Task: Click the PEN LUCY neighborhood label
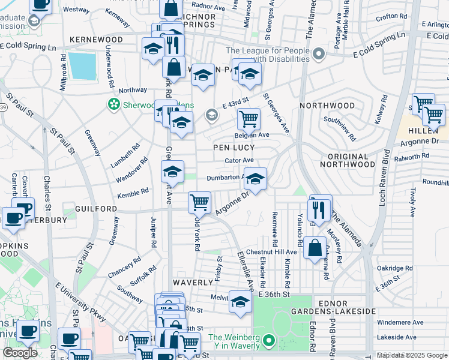tap(234, 147)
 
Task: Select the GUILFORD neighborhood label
tap(96, 208)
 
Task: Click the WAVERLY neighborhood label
tap(194, 281)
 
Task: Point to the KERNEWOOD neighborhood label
tap(96, 40)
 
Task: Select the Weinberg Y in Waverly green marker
tap(270, 341)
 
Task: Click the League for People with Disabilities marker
tap(319, 55)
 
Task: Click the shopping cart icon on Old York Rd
tap(199, 202)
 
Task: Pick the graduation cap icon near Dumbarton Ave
tap(256, 179)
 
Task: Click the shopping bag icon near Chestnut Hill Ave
tap(315, 247)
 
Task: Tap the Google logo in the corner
tap(20, 353)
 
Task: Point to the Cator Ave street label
tap(239, 161)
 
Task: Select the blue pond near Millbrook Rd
tap(82, 66)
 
